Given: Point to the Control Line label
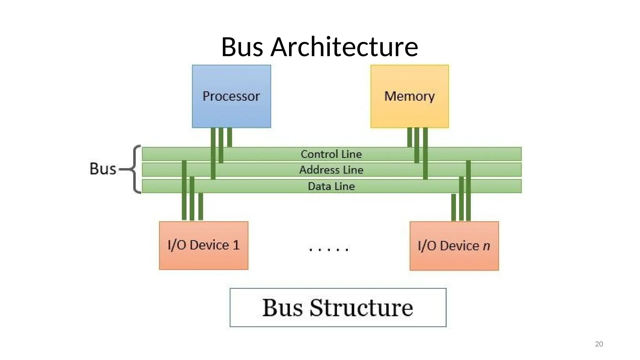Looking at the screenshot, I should tap(331, 154).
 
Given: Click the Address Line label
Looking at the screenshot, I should tap(331, 170).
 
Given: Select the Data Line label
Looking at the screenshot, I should tap(331, 186).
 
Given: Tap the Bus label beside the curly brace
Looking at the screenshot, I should tap(103, 169).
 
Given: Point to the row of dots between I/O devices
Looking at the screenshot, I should tap(328, 249).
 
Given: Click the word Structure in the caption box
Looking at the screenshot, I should tap(361, 308).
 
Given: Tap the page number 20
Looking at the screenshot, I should tap(599, 344).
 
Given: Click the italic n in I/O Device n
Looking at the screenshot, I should tap(486, 246).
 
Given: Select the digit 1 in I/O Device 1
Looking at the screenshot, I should tap(236, 245).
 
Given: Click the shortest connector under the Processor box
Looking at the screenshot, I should tap(230, 137).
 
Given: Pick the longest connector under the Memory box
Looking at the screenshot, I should tap(425, 153).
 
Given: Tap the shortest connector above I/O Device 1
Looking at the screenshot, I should tap(201, 207).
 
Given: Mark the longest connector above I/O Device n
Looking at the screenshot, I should tap(468, 191).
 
